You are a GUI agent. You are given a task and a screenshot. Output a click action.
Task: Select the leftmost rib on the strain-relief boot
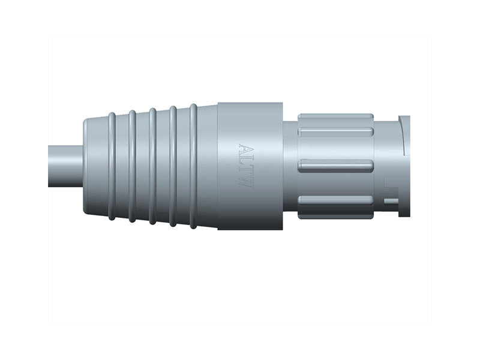112,166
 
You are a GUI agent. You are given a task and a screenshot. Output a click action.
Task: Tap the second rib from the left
132,166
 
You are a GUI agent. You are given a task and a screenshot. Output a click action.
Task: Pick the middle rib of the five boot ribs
152,166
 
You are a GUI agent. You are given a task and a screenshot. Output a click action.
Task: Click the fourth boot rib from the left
173,166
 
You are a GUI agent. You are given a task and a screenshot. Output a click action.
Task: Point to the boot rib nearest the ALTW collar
193,166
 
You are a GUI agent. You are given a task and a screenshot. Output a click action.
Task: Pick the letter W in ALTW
245,181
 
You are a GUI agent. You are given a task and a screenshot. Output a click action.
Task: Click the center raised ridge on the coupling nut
336,165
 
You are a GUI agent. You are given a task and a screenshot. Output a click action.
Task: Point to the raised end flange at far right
404,165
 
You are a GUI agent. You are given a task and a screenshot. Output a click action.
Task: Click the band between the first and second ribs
122,166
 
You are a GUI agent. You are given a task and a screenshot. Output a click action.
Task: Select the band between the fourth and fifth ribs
183,166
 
